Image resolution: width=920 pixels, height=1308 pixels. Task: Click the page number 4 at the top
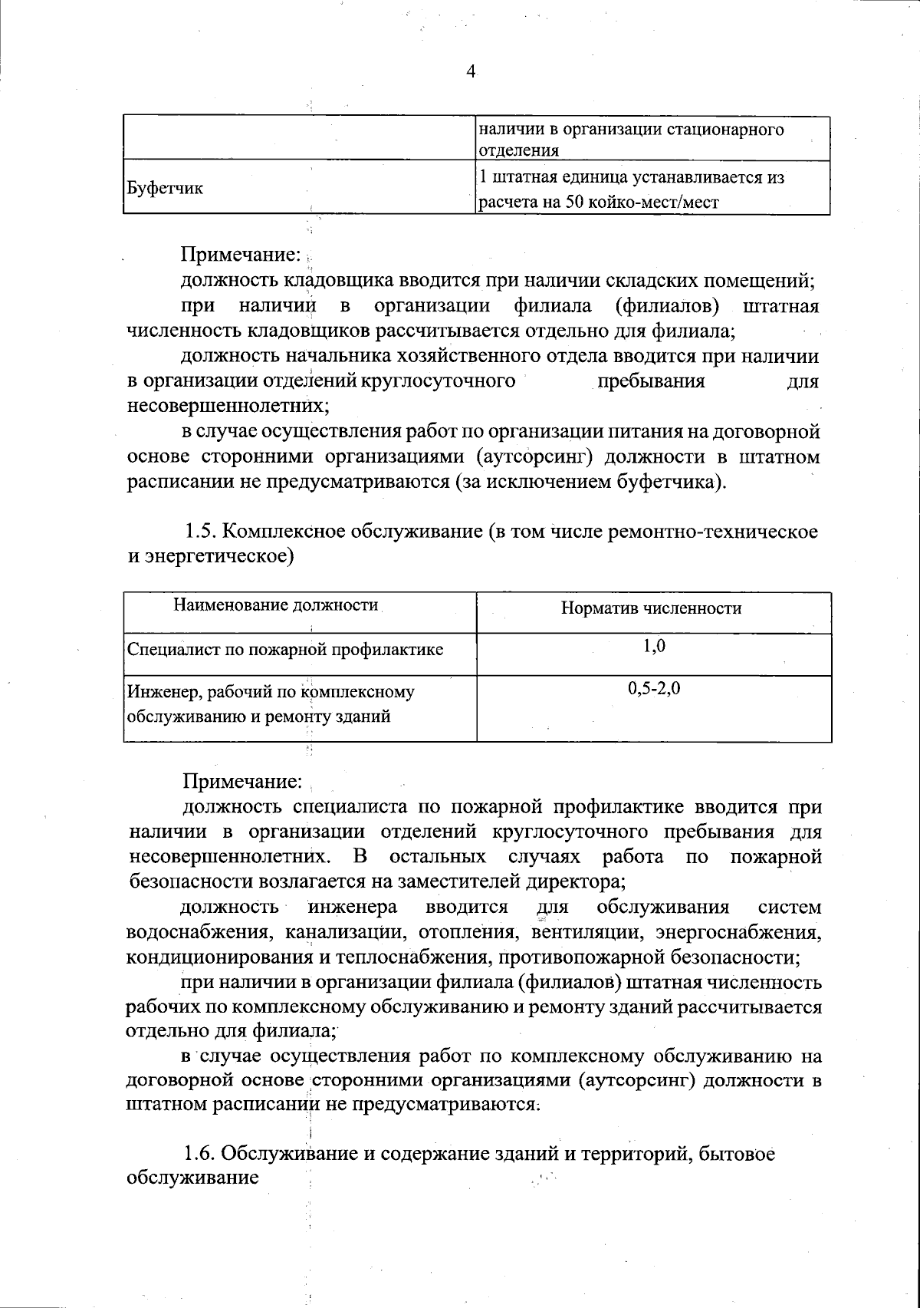pyautogui.click(x=471, y=71)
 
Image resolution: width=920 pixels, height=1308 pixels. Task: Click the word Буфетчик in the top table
pyautogui.click(x=164, y=188)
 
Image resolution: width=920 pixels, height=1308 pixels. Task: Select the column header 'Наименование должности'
pyautogui.click(x=276, y=605)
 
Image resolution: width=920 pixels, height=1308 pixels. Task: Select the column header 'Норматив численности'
pyautogui.click(x=651, y=608)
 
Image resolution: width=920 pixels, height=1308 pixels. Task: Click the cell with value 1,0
pyautogui.click(x=653, y=647)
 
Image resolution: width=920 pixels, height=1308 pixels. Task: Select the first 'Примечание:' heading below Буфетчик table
pyautogui.click(x=241, y=254)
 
